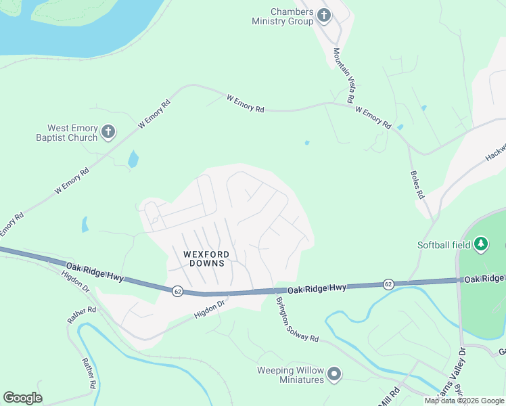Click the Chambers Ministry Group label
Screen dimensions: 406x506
click(282, 17)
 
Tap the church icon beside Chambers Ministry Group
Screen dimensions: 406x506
click(324, 15)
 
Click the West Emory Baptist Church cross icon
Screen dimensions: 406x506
click(109, 131)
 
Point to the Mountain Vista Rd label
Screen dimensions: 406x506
click(345, 75)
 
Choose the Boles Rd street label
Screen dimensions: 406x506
click(417, 183)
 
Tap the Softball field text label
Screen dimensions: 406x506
click(444, 244)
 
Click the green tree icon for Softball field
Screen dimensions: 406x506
click(480, 243)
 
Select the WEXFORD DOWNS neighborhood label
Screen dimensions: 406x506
click(206, 258)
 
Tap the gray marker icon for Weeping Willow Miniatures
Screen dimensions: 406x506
click(333, 374)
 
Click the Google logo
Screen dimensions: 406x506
click(22, 398)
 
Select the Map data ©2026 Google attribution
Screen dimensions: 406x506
click(464, 401)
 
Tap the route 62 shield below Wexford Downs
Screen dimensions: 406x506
click(177, 291)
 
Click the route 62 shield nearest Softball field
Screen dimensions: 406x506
click(388, 284)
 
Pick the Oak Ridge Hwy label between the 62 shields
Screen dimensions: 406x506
click(317, 288)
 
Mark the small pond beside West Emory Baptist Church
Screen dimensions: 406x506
click(133, 159)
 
